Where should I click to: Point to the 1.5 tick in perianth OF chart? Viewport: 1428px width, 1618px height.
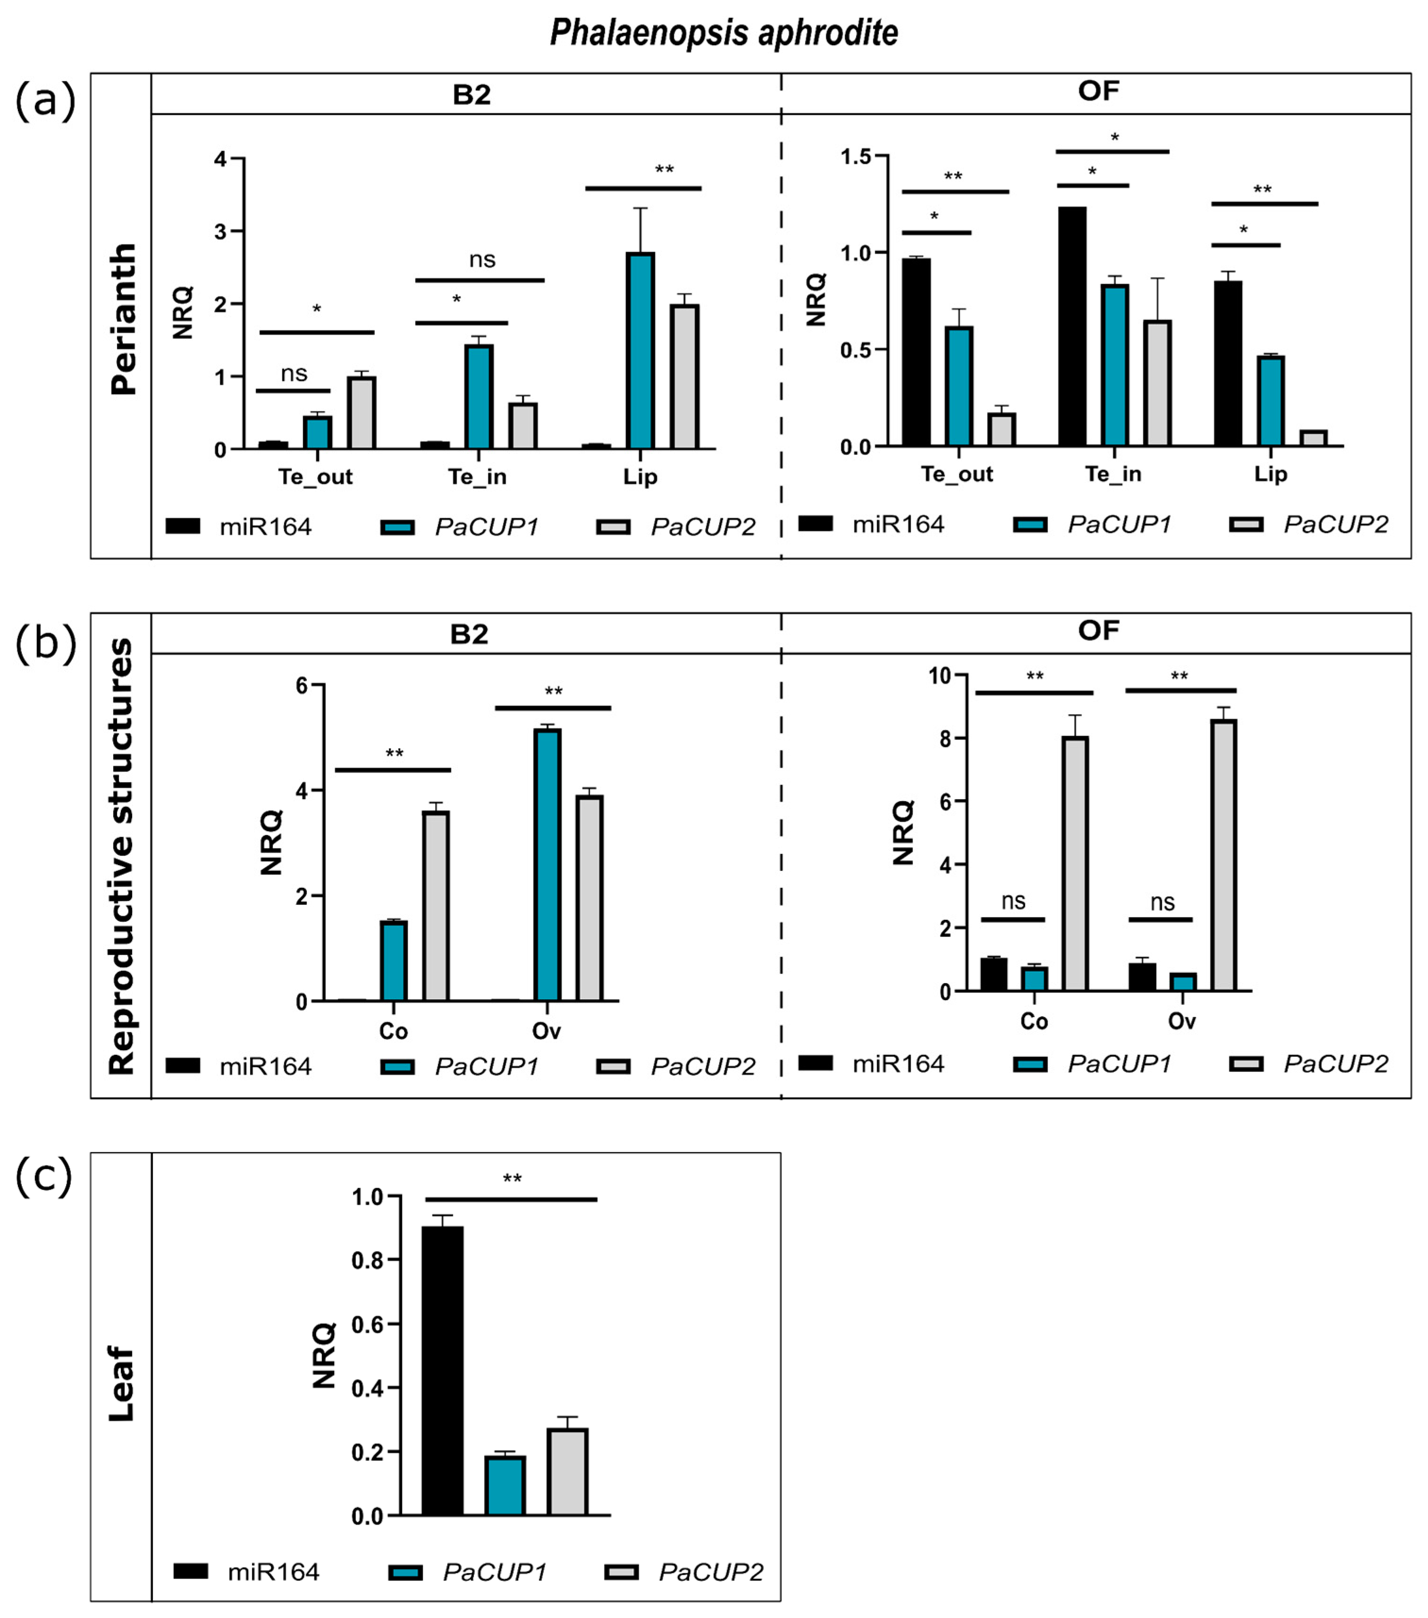coord(855,157)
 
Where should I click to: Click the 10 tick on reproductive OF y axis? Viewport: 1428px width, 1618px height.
coord(939,675)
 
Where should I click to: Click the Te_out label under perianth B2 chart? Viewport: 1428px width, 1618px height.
coord(315,477)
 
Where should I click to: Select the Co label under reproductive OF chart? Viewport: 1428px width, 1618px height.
coord(1034,1021)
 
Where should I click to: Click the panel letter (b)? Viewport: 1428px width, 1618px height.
coord(45,643)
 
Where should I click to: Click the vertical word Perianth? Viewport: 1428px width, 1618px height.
coord(123,319)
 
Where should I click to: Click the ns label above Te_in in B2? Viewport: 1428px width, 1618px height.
coord(482,260)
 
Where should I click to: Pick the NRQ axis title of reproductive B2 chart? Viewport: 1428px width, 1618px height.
coord(271,842)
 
